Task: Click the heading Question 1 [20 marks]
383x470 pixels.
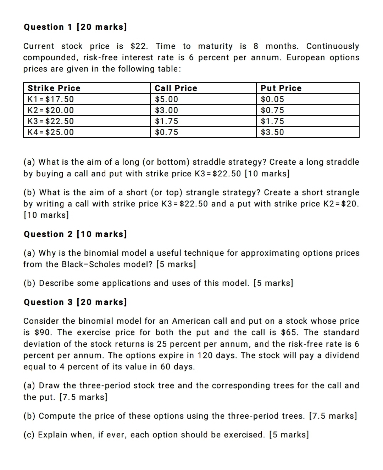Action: click(75, 27)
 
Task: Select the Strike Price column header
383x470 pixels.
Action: click(54, 88)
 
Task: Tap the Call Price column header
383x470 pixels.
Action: click(176, 88)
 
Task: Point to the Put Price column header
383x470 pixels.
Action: click(281, 88)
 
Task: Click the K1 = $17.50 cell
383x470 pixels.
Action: click(51, 99)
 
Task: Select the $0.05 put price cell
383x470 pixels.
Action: click(272, 99)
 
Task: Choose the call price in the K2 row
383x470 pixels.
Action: click(167, 110)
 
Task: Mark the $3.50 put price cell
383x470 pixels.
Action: click(272, 132)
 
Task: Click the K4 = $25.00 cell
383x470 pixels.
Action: click(51, 132)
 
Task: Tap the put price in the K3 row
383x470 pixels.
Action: click(272, 121)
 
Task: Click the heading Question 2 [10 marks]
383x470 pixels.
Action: click(75, 234)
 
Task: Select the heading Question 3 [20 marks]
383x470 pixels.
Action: click(75, 302)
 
